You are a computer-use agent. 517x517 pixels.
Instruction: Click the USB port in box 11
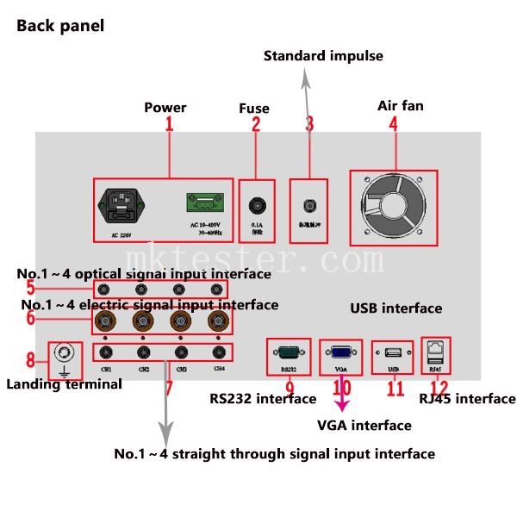tap(393, 352)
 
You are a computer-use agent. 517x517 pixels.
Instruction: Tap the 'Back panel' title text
tap(60, 26)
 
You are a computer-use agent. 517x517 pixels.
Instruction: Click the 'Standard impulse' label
tap(323, 56)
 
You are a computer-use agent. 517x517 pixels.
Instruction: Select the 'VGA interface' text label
tap(364, 425)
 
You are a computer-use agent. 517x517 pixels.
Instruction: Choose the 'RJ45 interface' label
tap(467, 398)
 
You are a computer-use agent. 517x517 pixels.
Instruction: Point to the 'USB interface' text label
tap(396, 308)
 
